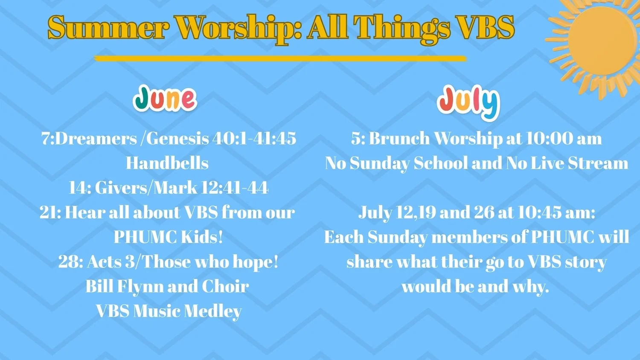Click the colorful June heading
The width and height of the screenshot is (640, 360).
[x=165, y=98]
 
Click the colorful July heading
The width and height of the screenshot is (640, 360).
[x=468, y=102]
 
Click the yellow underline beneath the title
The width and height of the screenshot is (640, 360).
[x=280, y=58]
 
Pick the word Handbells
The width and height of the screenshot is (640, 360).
[x=167, y=163]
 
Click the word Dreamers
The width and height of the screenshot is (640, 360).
[x=96, y=139]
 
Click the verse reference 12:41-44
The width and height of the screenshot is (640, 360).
[x=235, y=188]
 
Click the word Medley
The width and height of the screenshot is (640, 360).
[x=212, y=311]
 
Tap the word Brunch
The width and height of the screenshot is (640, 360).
[x=399, y=139]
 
